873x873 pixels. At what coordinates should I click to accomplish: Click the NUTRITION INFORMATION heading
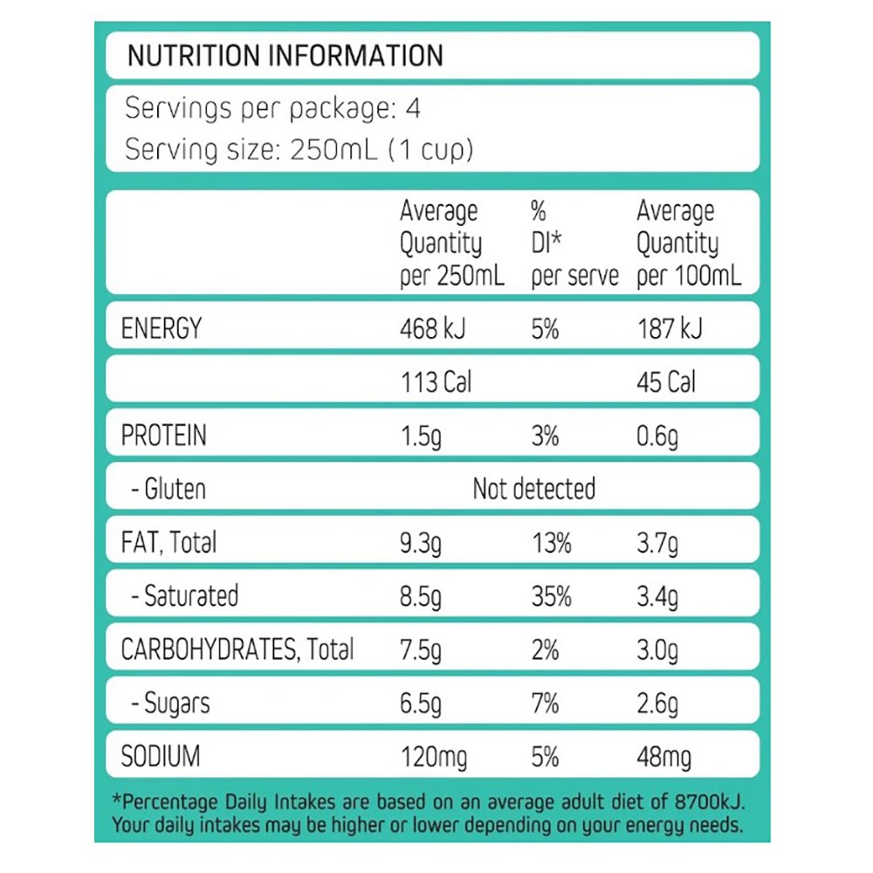click(x=285, y=56)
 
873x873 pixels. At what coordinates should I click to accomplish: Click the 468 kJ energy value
click(x=433, y=329)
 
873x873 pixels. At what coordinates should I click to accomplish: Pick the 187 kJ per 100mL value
click(x=670, y=329)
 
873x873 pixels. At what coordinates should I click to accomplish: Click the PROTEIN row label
click(x=164, y=436)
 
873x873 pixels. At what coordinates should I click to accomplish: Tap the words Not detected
click(x=533, y=489)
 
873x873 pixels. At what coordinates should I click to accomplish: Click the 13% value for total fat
click(x=552, y=543)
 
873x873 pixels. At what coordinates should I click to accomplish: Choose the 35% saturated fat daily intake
click(x=552, y=597)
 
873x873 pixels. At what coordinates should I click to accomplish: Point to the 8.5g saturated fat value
click(x=420, y=597)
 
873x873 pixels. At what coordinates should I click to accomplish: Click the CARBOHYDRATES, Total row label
click(x=237, y=650)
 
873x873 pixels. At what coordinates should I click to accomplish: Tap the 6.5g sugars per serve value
click(x=420, y=704)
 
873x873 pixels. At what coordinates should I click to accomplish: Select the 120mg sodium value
click(x=433, y=757)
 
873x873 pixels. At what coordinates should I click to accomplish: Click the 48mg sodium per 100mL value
click(x=663, y=757)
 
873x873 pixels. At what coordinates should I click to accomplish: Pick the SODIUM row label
click(x=161, y=757)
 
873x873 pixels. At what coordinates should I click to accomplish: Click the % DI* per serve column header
click(x=574, y=244)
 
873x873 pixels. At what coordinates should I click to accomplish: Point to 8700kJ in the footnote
click(x=706, y=802)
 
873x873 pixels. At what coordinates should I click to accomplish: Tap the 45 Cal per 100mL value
click(x=666, y=382)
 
